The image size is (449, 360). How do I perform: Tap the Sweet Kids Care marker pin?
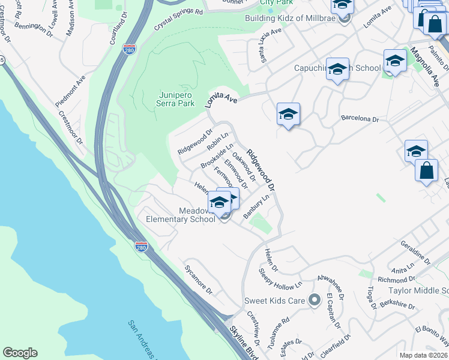[314, 301]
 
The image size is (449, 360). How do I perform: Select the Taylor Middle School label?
[419, 290]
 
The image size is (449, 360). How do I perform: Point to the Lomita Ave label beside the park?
[221, 98]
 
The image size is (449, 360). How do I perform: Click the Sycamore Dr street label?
[199, 280]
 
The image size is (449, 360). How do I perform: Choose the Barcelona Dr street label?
[360, 119]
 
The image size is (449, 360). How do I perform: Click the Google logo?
[20, 353]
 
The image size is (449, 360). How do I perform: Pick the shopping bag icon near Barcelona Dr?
[426, 170]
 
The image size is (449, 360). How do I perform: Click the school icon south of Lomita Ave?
[288, 114]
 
